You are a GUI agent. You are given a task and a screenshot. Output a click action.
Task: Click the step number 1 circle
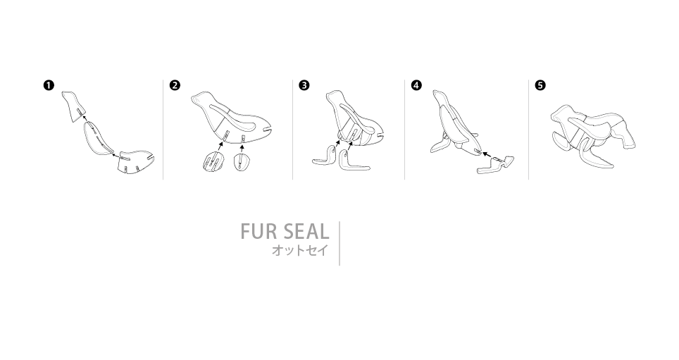coord(49,85)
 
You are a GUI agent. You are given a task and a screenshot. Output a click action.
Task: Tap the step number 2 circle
coord(175,85)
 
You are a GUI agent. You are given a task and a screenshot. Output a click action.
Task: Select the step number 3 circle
coord(304,85)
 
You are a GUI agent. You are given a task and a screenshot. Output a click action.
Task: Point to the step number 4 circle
coord(416,85)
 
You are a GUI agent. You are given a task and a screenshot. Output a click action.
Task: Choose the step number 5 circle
coord(540,85)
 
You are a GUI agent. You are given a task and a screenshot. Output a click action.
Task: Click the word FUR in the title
coord(258,231)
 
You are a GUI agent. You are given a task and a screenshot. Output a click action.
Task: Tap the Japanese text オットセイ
coord(300,250)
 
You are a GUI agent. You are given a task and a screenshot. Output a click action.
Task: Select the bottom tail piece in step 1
coord(137,163)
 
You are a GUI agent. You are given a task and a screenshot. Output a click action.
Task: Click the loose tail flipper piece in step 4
coord(496,165)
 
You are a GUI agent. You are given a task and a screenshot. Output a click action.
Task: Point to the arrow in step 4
coord(486,154)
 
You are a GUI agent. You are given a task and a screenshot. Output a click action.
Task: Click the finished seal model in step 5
coord(593,135)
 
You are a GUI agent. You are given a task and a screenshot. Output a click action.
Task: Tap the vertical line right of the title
coord(339,244)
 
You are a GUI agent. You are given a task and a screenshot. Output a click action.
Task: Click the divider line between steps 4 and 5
coord(529,130)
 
